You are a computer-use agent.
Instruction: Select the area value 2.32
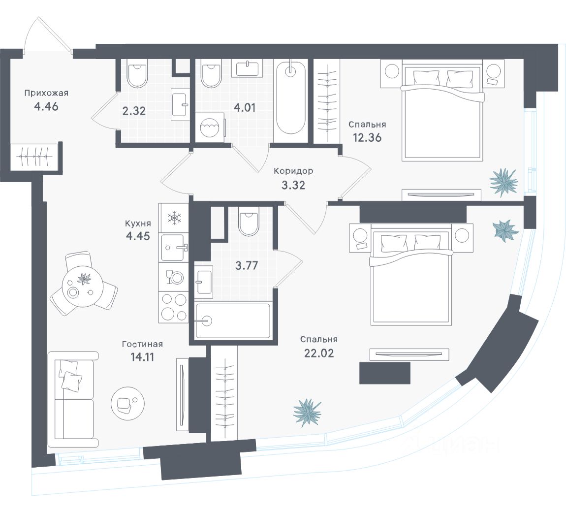point(133,111)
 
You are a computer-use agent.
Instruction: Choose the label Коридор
point(293,171)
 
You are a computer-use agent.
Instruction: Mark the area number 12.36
point(367,137)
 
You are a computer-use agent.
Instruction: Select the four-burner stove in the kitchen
point(173,306)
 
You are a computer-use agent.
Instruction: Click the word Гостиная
point(142,344)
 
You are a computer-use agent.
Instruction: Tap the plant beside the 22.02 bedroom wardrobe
point(307,412)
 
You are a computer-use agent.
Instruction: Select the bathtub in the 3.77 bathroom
point(232,321)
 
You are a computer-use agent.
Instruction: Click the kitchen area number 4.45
point(137,235)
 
